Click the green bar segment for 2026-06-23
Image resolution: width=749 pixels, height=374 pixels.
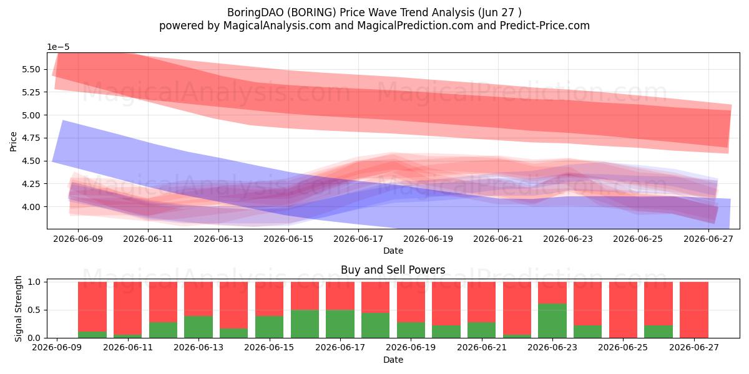click(x=552, y=320)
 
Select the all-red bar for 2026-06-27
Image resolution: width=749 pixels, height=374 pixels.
click(x=694, y=310)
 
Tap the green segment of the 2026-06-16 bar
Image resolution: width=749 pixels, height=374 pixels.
click(x=305, y=324)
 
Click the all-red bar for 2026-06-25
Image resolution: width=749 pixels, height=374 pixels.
click(x=623, y=310)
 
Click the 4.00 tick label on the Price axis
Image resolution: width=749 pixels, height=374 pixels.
click(x=31, y=207)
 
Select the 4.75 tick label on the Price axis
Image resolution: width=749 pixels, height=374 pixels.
click(x=31, y=138)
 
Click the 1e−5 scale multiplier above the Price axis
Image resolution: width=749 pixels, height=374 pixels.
click(x=58, y=47)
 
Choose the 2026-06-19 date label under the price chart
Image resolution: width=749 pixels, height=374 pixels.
click(x=428, y=239)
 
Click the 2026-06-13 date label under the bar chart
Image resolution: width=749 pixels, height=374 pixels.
click(x=198, y=347)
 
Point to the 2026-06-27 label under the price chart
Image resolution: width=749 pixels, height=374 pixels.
click(x=708, y=239)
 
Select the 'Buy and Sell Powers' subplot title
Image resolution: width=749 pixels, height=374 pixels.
click(x=393, y=270)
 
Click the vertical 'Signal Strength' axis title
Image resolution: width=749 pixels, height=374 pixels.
click(x=18, y=309)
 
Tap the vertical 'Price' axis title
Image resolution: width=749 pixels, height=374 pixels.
click(x=13, y=142)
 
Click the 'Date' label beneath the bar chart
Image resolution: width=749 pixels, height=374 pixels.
click(x=393, y=360)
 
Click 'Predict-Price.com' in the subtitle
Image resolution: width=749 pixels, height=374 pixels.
click(x=545, y=26)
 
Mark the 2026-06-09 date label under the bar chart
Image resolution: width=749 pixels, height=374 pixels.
click(x=57, y=347)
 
